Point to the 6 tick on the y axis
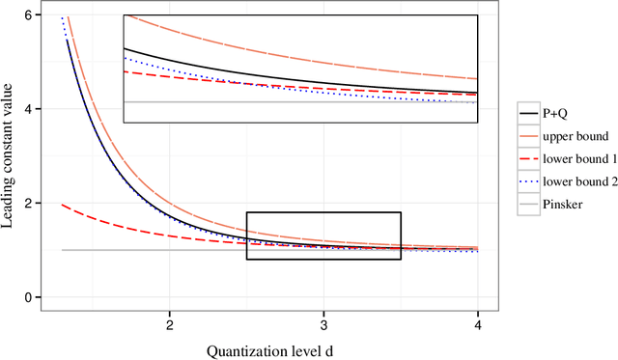pos(28,15)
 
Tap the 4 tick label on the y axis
pos(28,109)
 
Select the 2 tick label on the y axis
pos(28,203)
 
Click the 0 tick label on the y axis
pos(28,297)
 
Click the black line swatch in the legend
pos(528,113)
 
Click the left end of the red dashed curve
pos(63,205)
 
